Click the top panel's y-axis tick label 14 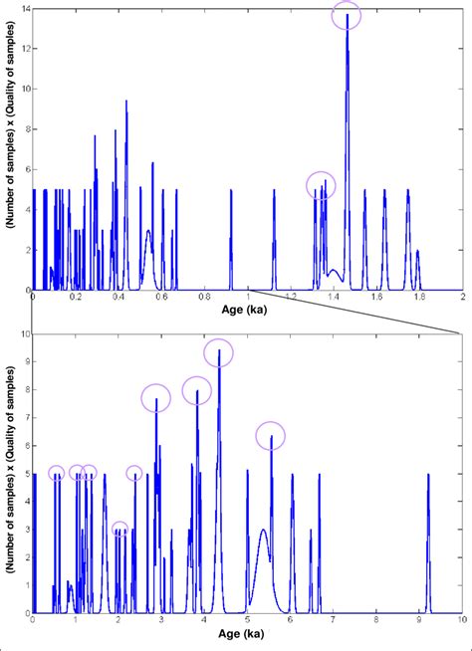[24, 9]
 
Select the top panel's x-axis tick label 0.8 [204, 298]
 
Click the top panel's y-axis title [9, 148]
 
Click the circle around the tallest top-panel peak [347, 15]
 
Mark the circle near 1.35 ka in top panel [321, 184]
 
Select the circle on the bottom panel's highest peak [218, 351]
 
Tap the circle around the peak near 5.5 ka [271, 435]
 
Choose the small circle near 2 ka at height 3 [119, 529]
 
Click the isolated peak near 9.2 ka [428, 538]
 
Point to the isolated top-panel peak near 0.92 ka [231, 239]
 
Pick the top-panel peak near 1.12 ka [275, 239]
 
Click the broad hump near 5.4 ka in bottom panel [263, 557]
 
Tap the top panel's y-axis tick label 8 [25, 128]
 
